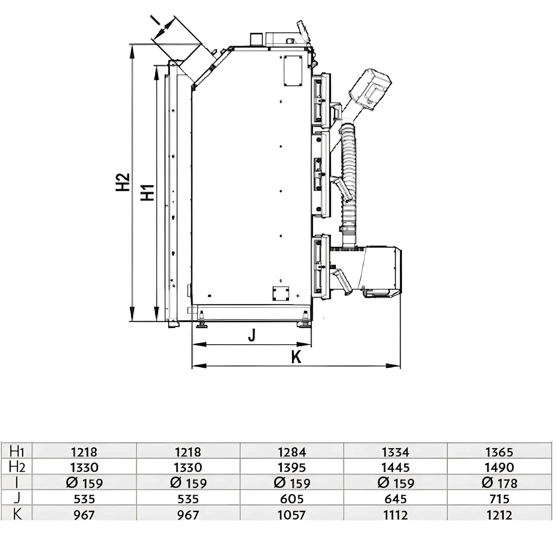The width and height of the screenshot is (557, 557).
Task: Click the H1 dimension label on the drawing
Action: [147, 192]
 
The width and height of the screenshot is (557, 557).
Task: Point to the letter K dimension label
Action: [296, 357]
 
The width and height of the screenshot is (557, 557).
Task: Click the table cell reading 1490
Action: [500, 468]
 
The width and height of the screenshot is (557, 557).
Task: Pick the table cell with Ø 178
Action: [500, 483]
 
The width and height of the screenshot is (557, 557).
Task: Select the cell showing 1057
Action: [292, 515]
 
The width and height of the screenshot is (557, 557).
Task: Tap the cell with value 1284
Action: [292, 452]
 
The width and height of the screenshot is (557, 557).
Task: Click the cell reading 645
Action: [395, 499]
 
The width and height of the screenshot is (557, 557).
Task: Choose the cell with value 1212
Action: [500, 515]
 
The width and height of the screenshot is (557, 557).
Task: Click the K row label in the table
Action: [17, 514]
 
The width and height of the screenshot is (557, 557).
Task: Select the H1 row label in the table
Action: [17, 451]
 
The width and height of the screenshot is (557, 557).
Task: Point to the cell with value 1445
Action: [395, 468]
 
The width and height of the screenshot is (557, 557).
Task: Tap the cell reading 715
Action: [500, 499]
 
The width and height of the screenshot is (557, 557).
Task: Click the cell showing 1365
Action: [500, 452]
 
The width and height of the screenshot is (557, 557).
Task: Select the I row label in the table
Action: [17, 483]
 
